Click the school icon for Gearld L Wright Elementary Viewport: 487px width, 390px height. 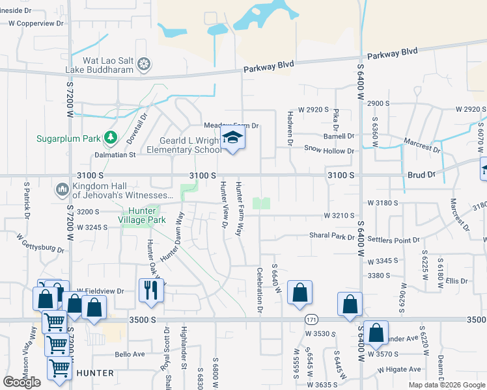(x=232, y=138)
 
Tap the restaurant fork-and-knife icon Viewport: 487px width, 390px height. (x=151, y=289)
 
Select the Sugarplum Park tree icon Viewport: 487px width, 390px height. (x=111, y=137)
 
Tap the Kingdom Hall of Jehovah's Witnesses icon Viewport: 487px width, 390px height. (x=63, y=189)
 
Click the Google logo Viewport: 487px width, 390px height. (x=22, y=382)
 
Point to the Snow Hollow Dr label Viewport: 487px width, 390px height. (x=329, y=150)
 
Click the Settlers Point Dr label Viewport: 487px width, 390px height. (x=394, y=240)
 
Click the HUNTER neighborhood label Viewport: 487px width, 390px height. (x=96, y=373)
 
